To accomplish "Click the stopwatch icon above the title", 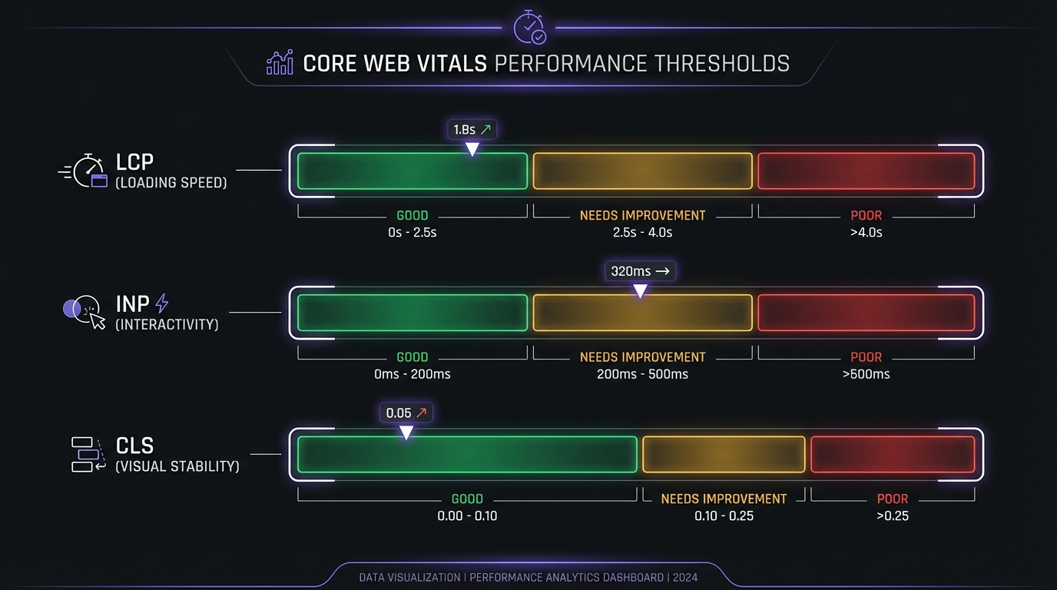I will point(528,27).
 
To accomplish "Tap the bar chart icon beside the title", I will point(280,63).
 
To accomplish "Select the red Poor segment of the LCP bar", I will point(866,171).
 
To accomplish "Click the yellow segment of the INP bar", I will point(642,313).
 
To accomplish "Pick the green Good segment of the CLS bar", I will point(467,454).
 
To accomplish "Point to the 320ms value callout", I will point(640,270).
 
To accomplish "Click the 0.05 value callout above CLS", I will point(406,413).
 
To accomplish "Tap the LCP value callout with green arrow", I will point(472,130).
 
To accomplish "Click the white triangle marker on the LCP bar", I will point(472,149).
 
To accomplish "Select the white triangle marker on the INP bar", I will point(640,291).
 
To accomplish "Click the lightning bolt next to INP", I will point(161,303).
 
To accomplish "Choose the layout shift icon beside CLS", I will point(88,454).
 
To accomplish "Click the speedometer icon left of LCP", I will point(84,171).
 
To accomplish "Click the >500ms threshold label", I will point(866,374).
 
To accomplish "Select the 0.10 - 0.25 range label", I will point(724,515).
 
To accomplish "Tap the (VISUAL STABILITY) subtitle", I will point(177,466).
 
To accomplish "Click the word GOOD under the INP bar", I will point(412,357).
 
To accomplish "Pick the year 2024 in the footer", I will point(685,577).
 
